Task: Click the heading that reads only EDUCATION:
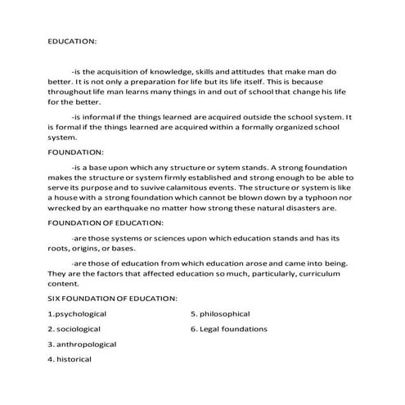click(x=73, y=40)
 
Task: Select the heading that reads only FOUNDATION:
click(x=76, y=151)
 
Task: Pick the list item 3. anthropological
click(x=82, y=344)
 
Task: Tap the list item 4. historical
click(x=70, y=359)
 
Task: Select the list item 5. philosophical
click(x=220, y=313)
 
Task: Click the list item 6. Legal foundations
click(x=228, y=329)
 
